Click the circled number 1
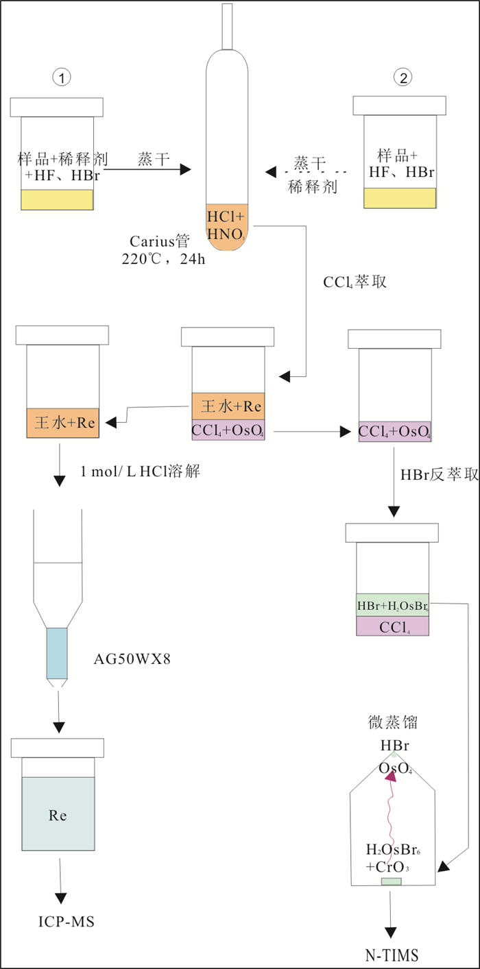pos(62,78)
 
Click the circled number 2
pos(404,78)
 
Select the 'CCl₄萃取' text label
pos(355,282)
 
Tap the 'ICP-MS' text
pos(66,922)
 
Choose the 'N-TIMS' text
pos(392,955)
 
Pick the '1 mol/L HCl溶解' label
pos(140,471)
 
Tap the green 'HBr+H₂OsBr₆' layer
pos(392,605)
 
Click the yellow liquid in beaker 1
pos(57,199)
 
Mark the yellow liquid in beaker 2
pos(399,197)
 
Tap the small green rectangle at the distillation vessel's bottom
pos(391,881)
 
